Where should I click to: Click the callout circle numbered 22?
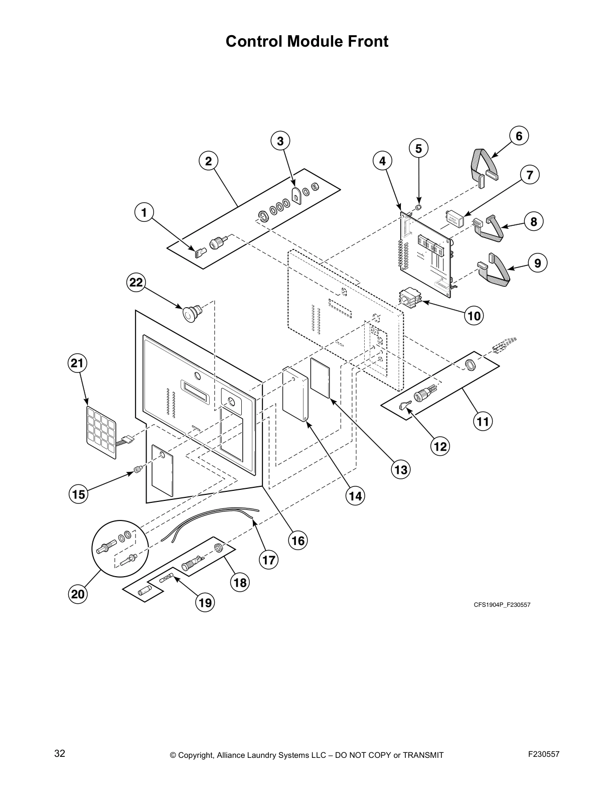coord(136,283)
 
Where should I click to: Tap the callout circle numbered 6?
coord(519,136)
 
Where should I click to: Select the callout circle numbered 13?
coord(400,469)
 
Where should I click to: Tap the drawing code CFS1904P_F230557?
coord(502,605)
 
